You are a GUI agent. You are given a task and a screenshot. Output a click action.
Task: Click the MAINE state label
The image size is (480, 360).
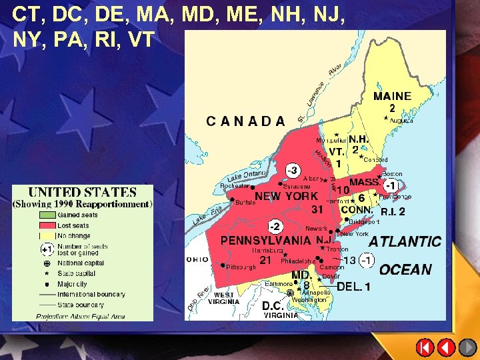point(392,96)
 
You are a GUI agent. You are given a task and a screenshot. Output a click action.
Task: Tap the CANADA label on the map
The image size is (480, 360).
point(245,121)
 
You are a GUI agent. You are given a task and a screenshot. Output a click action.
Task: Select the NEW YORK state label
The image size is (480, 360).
point(287,196)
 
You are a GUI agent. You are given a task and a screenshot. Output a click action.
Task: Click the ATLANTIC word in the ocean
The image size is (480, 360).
point(405,241)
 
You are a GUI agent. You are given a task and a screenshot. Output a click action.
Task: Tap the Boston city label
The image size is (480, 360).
point(392,174)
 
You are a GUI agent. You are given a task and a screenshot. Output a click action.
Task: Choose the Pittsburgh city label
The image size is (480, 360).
point(241,267)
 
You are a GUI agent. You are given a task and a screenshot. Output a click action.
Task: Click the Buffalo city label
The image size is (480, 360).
point(245,202)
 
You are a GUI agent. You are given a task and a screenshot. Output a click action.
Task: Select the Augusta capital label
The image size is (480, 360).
point(401,121)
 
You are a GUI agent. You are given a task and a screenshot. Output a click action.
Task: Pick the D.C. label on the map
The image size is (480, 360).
point(274,305)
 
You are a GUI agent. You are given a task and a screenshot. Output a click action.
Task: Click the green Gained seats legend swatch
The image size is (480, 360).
point(46,215)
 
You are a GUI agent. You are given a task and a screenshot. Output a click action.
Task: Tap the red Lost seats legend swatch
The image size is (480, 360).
point(46,225)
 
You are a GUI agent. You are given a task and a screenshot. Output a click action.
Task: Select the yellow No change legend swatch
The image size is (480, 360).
point(46,235)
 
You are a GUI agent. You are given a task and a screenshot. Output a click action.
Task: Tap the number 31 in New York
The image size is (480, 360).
point(318,209)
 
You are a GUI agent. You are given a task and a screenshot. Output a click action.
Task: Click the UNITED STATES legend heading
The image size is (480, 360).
point(82,193)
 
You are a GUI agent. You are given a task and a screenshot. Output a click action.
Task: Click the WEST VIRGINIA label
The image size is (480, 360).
point(223,297)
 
